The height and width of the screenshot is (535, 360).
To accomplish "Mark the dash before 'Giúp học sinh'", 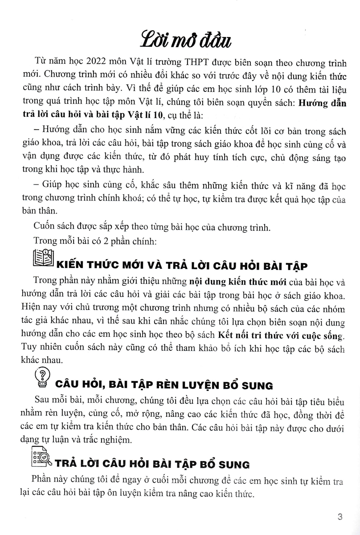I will (36, 185).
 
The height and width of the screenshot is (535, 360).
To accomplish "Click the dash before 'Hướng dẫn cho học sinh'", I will (36, 132).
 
